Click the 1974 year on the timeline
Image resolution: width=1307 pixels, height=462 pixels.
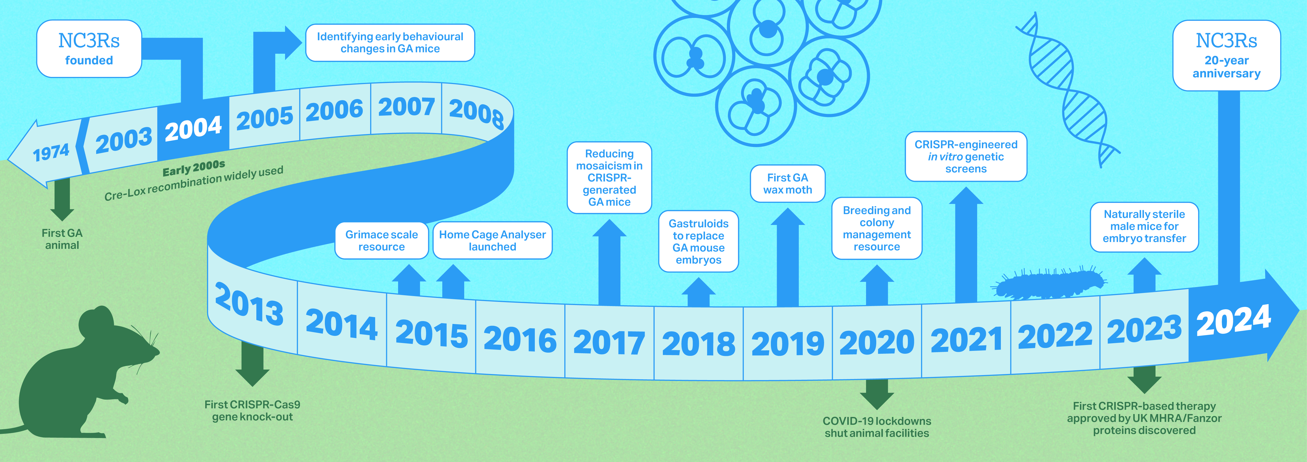tap(51, 152)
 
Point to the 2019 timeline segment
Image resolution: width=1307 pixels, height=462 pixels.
tap(787, 343)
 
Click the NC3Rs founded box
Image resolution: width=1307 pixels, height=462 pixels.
tap(89, 49)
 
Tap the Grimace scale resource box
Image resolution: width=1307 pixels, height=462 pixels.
tap(381, 240)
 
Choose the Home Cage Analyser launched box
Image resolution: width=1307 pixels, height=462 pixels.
tap(492, 240)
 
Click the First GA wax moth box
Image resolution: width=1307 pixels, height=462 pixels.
tap(787, 184)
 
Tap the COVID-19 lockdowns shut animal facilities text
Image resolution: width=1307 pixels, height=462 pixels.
tap(877, 427)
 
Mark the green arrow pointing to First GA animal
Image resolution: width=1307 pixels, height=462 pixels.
tap(62, 199)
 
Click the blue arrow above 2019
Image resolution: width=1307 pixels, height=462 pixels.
tap(787, 257)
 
